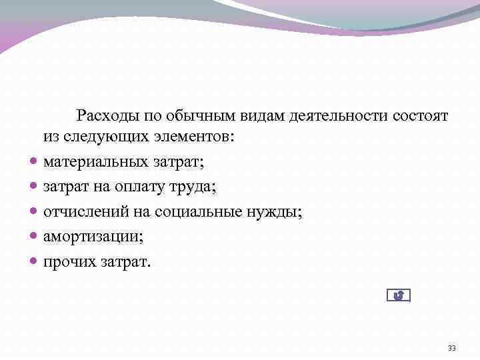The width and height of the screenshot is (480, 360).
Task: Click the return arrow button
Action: point(399,295)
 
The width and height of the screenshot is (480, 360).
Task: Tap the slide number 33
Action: point(452,348)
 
